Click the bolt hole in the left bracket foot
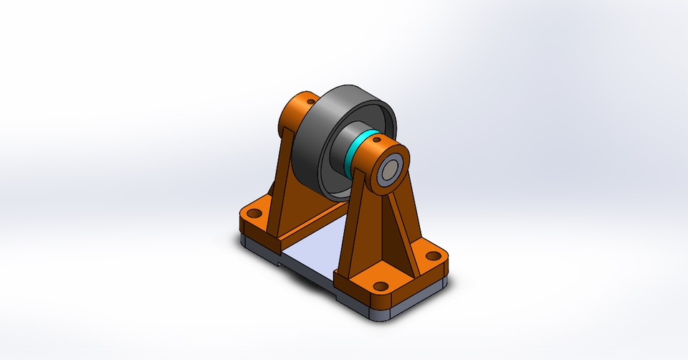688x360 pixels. [253, 212]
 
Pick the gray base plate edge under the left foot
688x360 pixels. [258, 244]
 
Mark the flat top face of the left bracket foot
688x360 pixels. [265, 219]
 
